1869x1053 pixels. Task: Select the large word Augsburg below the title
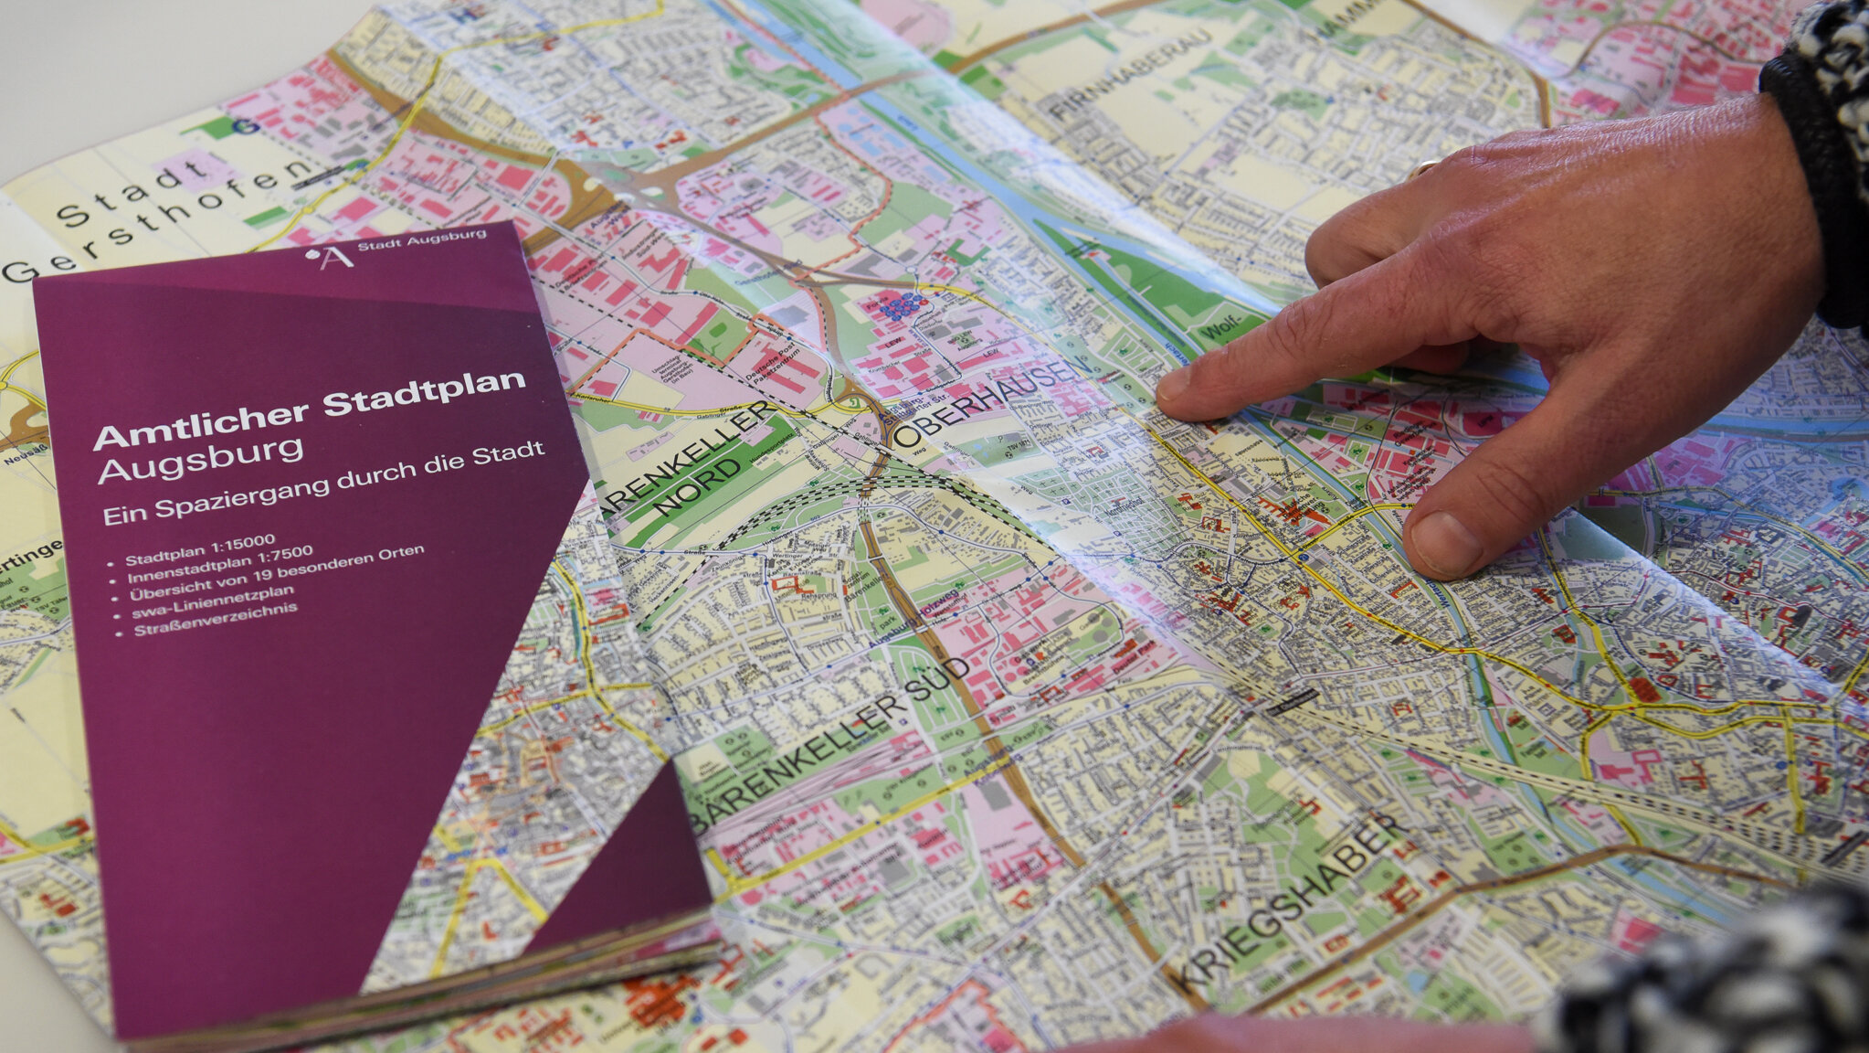coord(200,460)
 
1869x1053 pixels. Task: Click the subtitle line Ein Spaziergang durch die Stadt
coord(323,483)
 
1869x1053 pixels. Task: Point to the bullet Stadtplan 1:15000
coord(200,550)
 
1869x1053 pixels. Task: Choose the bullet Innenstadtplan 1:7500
coord(219,565)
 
